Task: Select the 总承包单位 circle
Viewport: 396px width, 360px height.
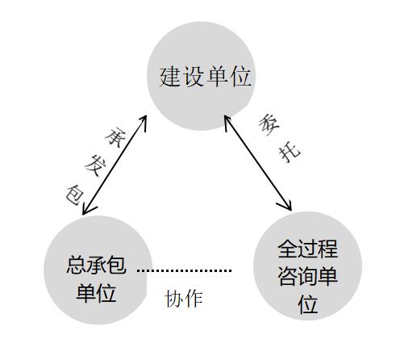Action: (x=96, y=270)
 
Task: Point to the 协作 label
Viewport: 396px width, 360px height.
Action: (x=184, y=299)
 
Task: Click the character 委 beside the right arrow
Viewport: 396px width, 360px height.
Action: (x=269, y=125)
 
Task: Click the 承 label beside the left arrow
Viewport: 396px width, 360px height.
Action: (x=113, y=135)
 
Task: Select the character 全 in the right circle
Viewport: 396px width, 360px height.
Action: (x=289, y=247)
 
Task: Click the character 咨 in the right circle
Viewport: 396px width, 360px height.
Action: (x=289, y=275)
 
